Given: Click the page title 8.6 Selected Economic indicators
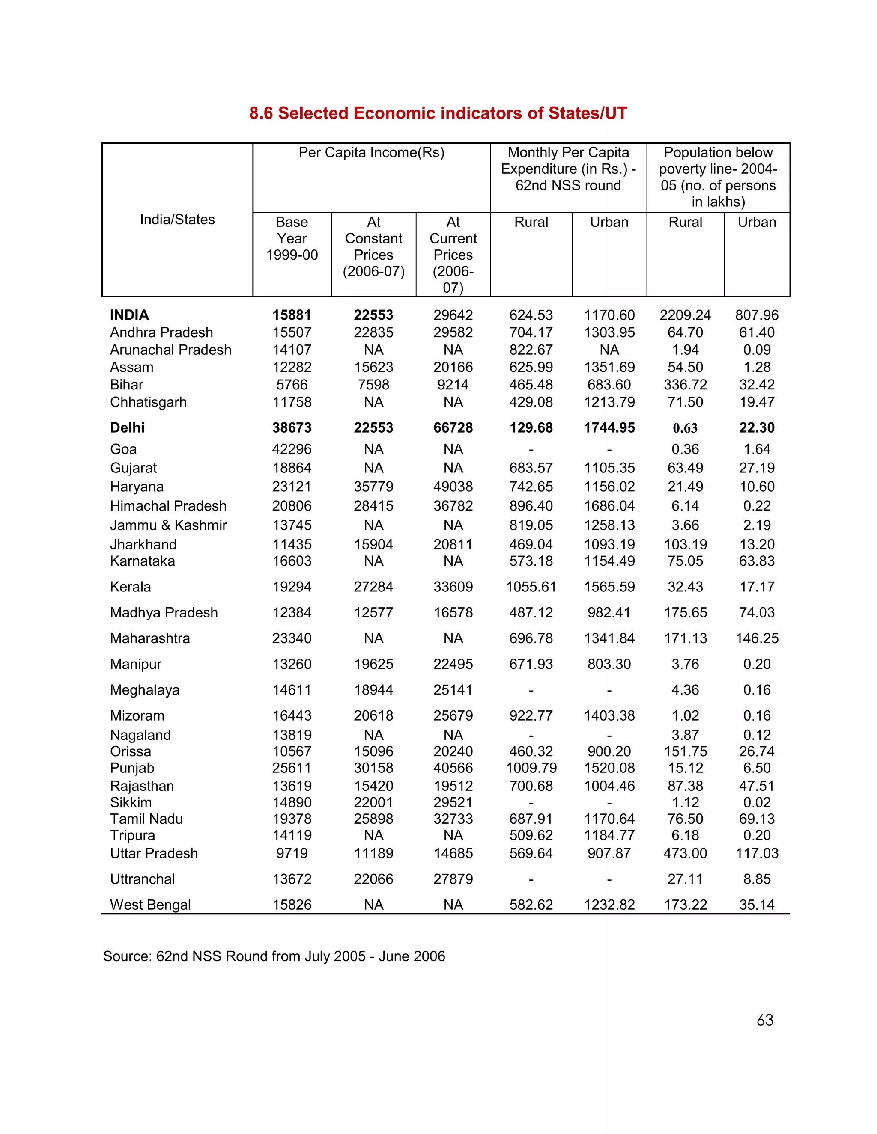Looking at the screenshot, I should coord(438,113).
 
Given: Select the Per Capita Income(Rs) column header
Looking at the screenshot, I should coord(371,153).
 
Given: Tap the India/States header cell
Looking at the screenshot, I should coord(177,220).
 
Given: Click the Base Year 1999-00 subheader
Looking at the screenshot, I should coord(292,238).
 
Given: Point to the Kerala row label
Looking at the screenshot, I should coord(131,587).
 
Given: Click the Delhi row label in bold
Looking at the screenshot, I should coord(127,428).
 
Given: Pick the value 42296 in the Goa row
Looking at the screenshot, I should coord(292,449).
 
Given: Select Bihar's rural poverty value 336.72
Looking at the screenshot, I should coord(685,385).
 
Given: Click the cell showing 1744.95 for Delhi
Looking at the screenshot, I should coord(609,428).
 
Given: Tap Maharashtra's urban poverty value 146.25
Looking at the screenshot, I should coord(757,638).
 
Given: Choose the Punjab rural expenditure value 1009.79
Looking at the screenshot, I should coord(531,768).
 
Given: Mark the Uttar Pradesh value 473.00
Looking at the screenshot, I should coord(685,853).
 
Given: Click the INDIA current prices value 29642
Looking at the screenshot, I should coord(453,315).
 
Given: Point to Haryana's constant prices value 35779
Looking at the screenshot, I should coord(373,487).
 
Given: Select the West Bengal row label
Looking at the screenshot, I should coord(150,905).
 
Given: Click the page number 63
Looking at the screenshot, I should coord(765,1020).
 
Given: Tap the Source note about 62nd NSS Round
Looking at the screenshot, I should coord(274,956).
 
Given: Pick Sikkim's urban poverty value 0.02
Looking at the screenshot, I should coord(757,802).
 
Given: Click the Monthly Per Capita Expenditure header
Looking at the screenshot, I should coord(568,169).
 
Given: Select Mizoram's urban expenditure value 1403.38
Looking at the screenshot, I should coord(609,715).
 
